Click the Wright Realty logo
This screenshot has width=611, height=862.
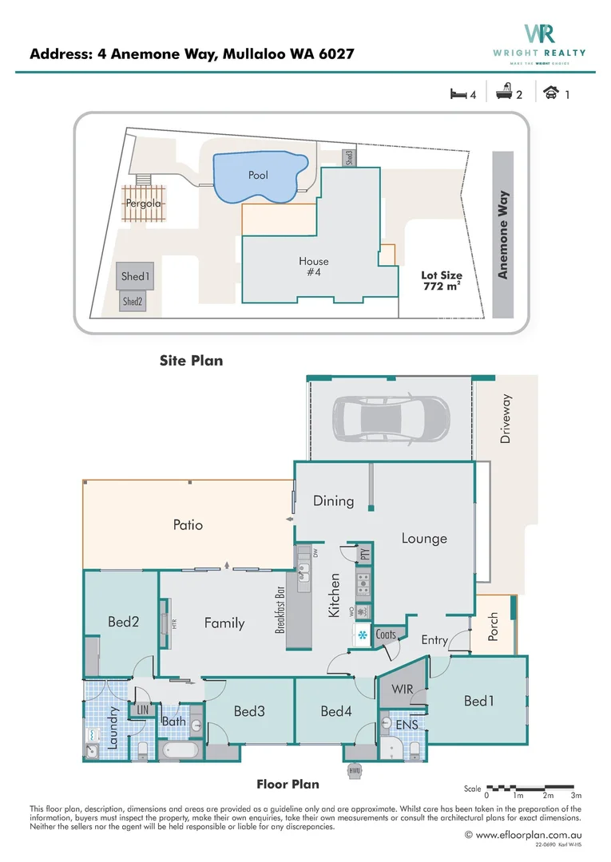(540, 40)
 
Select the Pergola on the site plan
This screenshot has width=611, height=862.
(144, 204)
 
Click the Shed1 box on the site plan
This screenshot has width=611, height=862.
(135, 277)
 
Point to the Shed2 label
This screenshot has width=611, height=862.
(133, 302)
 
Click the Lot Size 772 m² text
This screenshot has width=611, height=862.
(442, 280)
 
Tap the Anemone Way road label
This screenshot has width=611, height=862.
(503, 235)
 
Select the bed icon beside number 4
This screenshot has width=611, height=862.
(458, 94)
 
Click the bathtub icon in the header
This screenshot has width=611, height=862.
(503, 94)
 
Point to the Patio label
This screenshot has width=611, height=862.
(188, 524)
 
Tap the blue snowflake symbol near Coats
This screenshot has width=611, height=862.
(362, 635)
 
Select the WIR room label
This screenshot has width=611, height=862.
(401, 689)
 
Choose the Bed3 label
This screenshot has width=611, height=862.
(249, 710)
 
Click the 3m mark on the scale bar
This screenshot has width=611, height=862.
(576, 796)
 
